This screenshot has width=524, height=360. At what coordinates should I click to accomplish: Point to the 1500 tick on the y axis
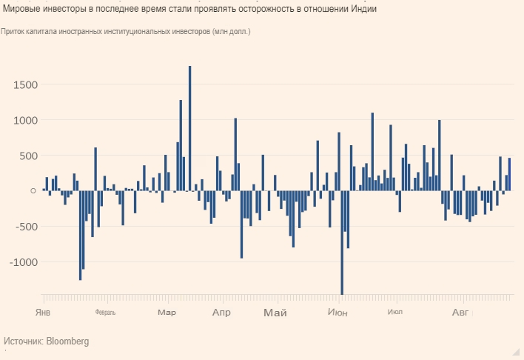click(x=24, y=84)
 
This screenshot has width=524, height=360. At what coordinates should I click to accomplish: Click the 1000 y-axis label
click(x=24, y=120)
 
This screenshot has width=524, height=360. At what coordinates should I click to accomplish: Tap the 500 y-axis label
click(x=27, y=156)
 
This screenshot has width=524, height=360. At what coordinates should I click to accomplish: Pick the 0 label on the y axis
click(x=33, y=191)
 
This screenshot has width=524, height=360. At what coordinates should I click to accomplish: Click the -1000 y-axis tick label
click(x=22, y=262)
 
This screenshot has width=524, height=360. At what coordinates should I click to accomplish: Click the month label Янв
click(x=43, y=313)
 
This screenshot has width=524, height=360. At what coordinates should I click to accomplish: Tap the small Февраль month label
click(x=105, y=313)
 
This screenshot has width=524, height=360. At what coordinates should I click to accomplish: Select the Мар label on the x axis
click(x=167, y=313)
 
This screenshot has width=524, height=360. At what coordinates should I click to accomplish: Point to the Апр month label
click(x=221, y=313)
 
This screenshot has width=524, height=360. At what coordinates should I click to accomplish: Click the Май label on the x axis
click(x=275, y=313)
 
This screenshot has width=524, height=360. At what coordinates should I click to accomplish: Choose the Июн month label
click(x=337, y=313)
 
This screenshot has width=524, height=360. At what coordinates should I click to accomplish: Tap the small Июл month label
click(x=394, y=313)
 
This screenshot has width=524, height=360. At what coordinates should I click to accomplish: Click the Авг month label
click(x=460, y=313)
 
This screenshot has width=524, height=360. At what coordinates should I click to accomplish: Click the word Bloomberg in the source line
click(x=67, y=341)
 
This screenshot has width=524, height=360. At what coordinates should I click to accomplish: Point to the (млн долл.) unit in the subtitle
click(x=232, y=32)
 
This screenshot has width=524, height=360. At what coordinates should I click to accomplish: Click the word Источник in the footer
click(x=23, y=341)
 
